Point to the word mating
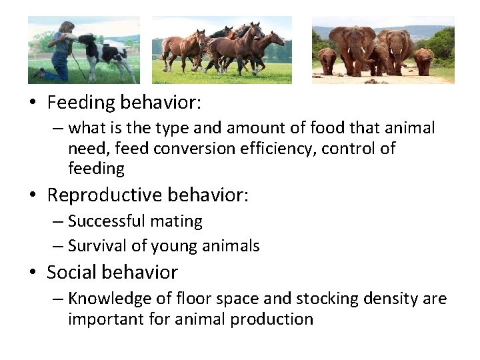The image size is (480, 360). click(x=183, y=221)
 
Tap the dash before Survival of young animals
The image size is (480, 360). click(x=58, y=247)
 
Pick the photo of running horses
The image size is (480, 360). click(x=221, y=50)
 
